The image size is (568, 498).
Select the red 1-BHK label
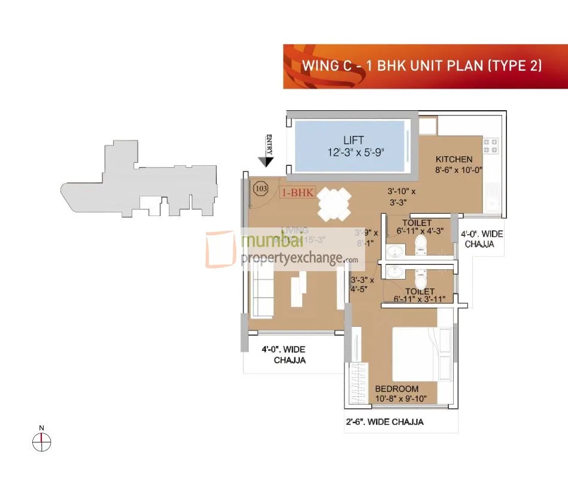click(297, 193)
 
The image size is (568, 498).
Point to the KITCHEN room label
click(454, 159)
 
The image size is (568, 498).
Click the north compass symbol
click(41, 442)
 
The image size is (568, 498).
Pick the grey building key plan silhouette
click(132, 180)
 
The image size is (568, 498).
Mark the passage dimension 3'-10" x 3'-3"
click(401, 197)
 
